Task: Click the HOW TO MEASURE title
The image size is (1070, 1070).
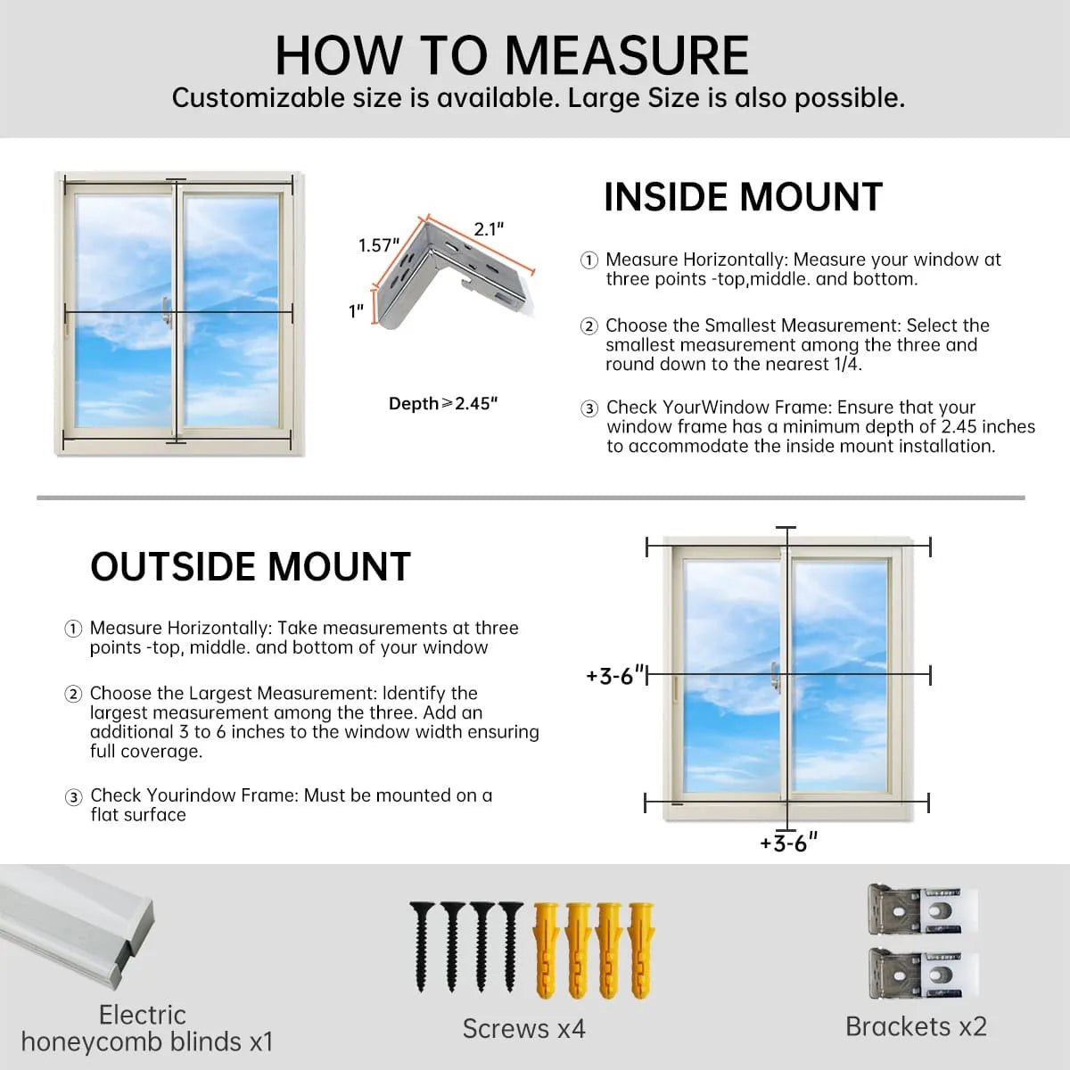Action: (x=512, y=55)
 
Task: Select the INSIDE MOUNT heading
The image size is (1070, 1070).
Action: (x=743, y=197)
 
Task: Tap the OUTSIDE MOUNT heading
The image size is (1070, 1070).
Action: (x=251, y=567)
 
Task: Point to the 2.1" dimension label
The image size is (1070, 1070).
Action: (x=489, y=229)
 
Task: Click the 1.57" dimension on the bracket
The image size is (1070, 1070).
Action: (x=379, y=245)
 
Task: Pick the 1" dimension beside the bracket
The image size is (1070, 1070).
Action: (x=357, y=311)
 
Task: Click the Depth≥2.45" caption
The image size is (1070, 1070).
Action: (x=443, y=404)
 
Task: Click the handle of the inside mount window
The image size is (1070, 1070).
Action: (x=166, y=311)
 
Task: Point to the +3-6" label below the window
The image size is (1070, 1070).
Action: (x=788, y=843)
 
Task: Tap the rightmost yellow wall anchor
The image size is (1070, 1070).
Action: (x=642, y=950)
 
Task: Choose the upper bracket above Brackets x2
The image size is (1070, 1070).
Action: (x=922, y=910)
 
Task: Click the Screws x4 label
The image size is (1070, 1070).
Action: (x=523, y=1029)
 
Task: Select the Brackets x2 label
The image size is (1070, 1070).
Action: (x=916, y=1026)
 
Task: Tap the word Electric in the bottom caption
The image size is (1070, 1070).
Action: (x=143, y=1015)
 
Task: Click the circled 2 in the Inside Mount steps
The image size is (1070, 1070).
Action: (x=589, y=326)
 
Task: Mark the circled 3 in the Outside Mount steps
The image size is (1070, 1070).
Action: (x=74, y=797)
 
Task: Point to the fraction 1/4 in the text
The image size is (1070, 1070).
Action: (x=847, y=364)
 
